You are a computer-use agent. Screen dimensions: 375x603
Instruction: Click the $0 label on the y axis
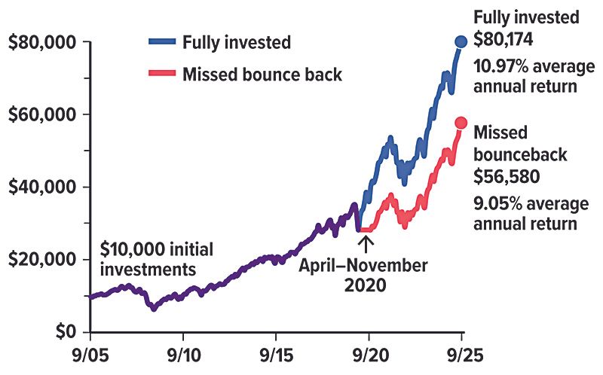coord(66,331)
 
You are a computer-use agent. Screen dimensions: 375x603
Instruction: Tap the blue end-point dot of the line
coord(461,41)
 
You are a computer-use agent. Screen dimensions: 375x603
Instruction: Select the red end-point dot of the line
coord(461,123)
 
